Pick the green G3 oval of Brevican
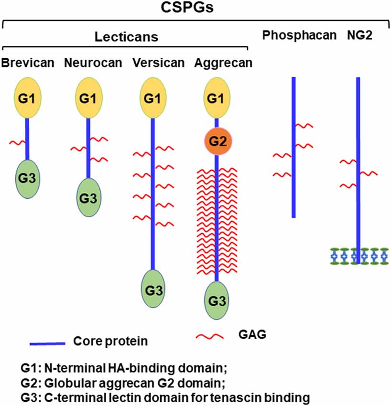pos(27,179)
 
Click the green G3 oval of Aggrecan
pos(217,300)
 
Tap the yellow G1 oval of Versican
pos(153,99)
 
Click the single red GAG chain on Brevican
pos(18,142)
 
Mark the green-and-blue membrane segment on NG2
pos(358,256)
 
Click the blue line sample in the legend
pos(47,343)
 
